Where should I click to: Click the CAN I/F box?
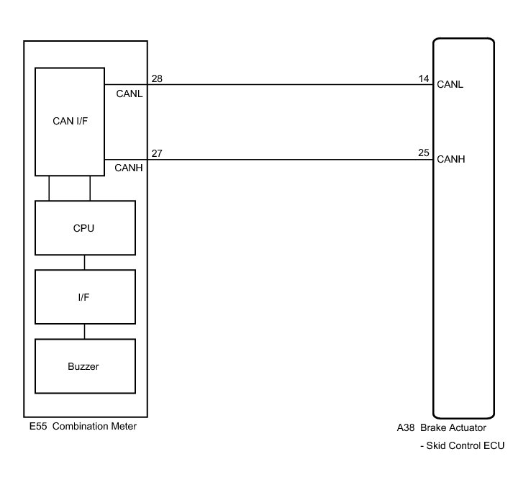click(x=70, y=122)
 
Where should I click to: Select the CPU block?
click(x=84, y=227)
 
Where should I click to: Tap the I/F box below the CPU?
click(x=84, y=296)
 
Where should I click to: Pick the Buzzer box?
click(x=84, y=366)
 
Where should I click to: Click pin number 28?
click(x=157, y=78)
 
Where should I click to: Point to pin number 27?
click(x=157, y=153)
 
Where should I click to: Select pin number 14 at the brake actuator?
click(x=424, y=78)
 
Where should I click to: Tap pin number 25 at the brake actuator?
click(x=424, y=153)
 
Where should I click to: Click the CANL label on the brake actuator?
click(x=450, y=84)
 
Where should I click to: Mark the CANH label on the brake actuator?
click(x=450, y=160)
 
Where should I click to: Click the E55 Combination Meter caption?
click(x=80, y=427)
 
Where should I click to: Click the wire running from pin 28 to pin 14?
click(x=288, y=84)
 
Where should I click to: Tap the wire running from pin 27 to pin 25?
click(x=288, y=160)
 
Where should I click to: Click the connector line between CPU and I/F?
click(x=84, y=262)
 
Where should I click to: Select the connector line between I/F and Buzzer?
click(x=84, y=331)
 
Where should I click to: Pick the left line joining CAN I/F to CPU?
click(x=49, y=188)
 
